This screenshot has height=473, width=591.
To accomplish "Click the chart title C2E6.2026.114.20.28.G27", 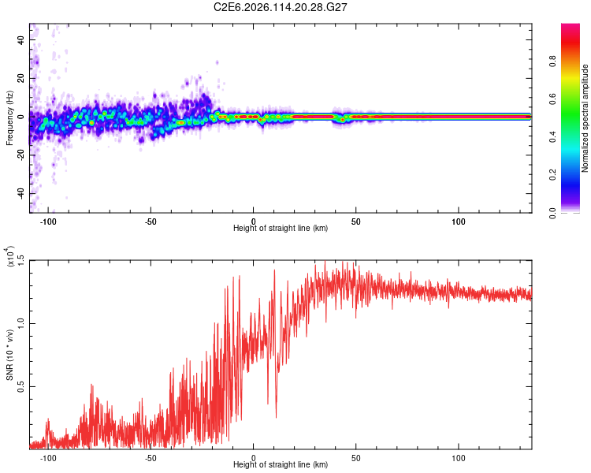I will point(281,7).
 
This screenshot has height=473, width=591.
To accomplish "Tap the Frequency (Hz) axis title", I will point(9,117).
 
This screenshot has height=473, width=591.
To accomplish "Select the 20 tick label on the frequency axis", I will point(21,78).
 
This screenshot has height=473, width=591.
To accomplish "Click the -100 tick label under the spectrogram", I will point(49,221).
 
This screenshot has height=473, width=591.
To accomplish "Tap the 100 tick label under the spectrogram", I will point(459,221).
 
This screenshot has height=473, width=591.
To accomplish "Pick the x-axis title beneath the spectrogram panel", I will point(281,229).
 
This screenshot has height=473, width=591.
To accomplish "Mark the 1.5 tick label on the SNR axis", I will point(21,260).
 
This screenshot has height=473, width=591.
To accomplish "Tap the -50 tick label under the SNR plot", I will point(151,457).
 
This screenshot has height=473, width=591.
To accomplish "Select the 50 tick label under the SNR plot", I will point(356,457).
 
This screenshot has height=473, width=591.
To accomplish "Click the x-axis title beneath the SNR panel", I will point(281,466).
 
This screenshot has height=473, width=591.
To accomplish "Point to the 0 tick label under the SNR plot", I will point(254,457).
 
